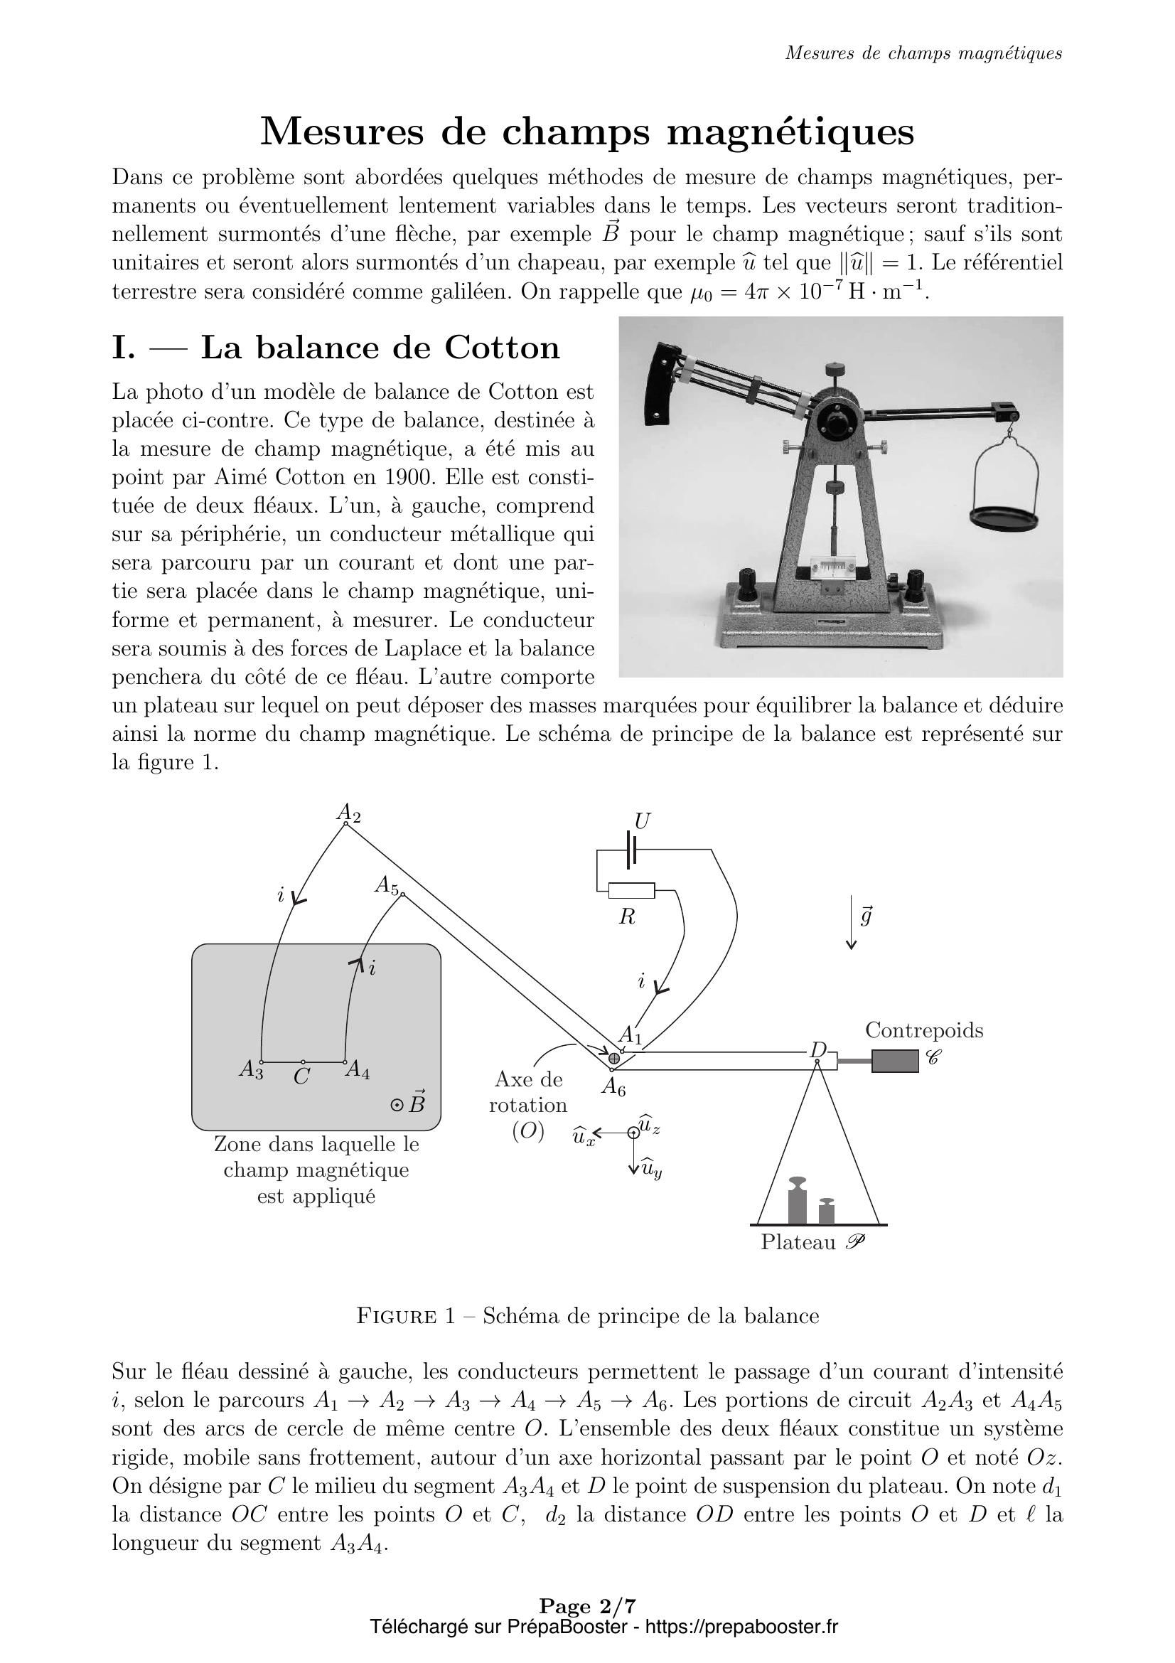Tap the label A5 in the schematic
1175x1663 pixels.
point(387,885)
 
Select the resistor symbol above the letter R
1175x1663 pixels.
point(631,890)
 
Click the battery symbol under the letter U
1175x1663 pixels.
point(631,849)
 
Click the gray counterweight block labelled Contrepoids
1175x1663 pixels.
point(895,1061)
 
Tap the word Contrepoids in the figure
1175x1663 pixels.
point(924,1030)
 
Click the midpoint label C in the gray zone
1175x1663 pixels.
point(302,1077)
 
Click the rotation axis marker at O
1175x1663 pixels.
point(614,1058)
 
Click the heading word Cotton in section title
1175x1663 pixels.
point(502,348)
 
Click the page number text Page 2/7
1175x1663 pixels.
point(587,1626)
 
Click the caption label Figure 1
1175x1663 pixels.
point(405,1316)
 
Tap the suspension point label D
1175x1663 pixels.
point(818,1049)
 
